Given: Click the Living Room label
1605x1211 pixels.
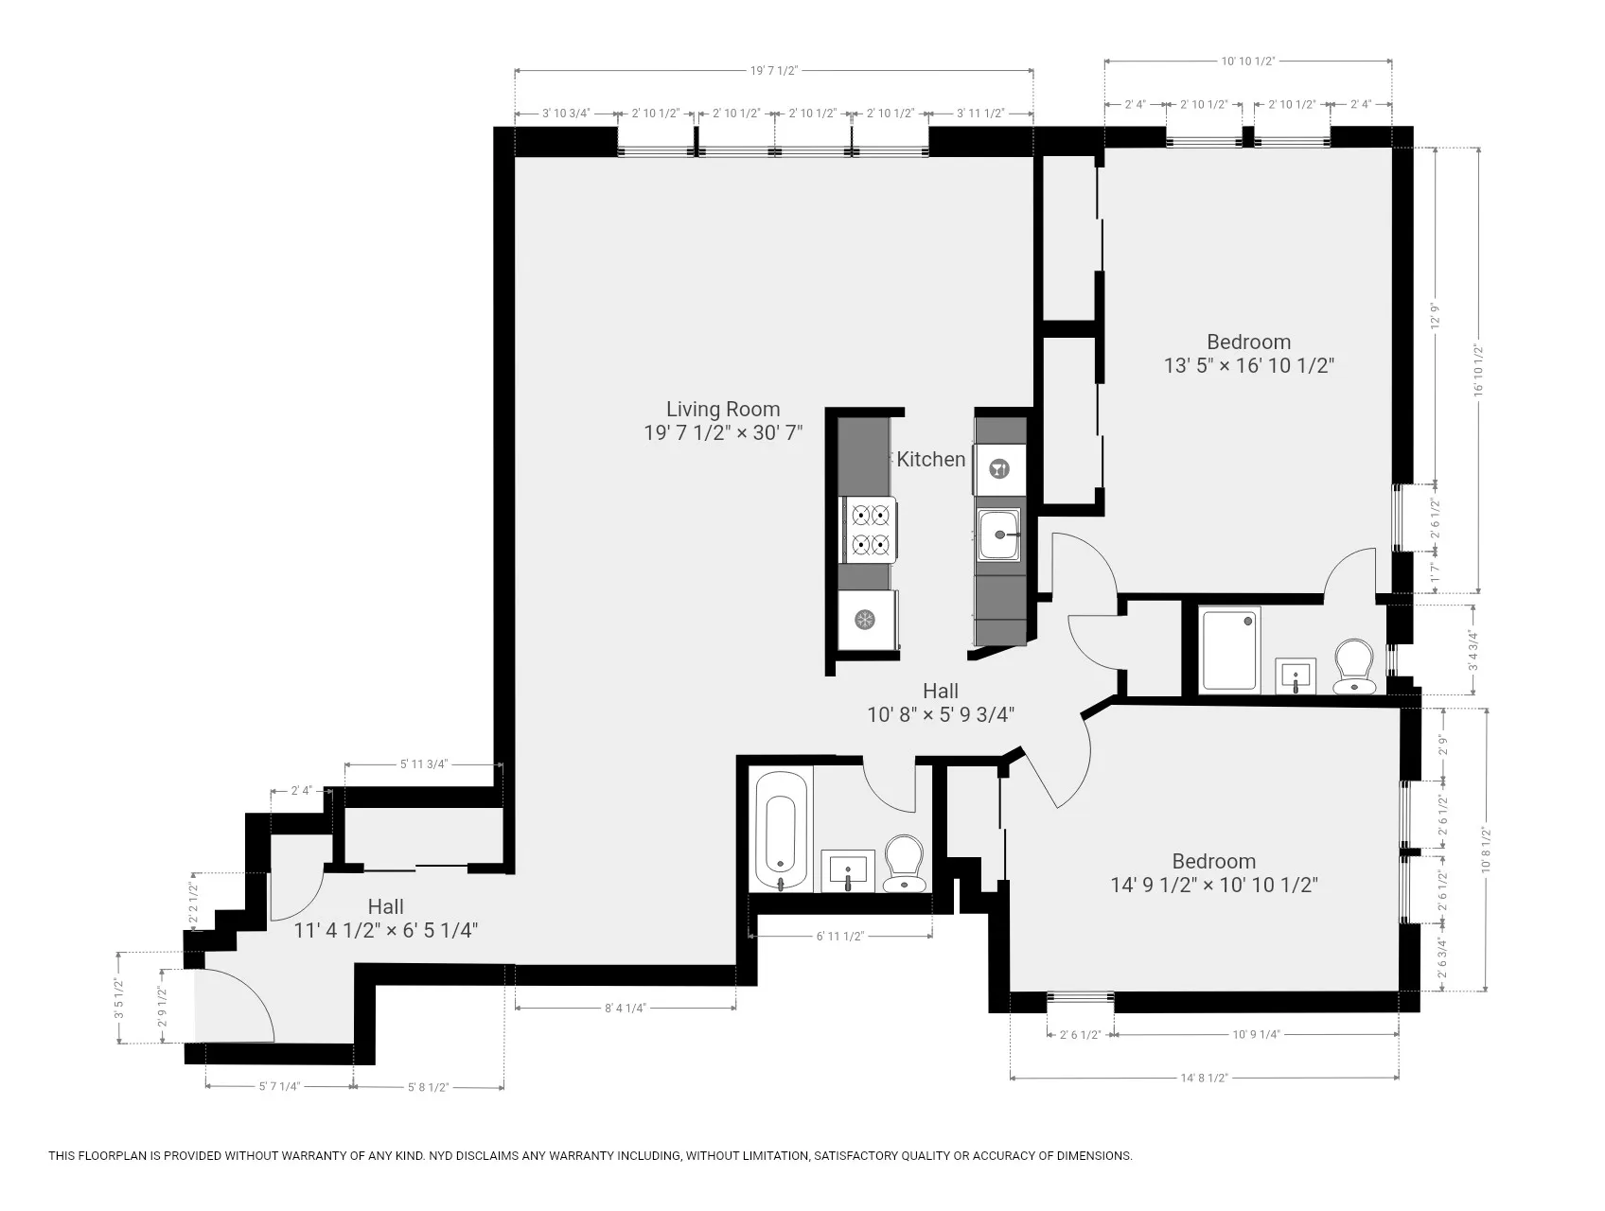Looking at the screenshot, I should click(723, 410).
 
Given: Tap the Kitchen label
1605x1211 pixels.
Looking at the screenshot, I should click(931, 459).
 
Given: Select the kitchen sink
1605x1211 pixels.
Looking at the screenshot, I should click(999, 535).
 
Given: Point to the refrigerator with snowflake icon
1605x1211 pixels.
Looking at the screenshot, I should click(865, 621).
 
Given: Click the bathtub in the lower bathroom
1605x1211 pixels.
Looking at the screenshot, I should click(781, 832).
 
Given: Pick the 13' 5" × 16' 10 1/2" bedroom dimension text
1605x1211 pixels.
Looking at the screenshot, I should click(1248, 366).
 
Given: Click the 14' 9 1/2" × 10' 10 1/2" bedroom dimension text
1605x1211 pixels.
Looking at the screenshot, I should click(1214, 886).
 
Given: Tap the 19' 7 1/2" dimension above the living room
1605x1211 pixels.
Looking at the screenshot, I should click(774, 70).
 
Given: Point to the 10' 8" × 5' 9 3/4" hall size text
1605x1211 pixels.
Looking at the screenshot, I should click(941, 715).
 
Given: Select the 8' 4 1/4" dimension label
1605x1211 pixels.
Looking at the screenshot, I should click(625, 1009).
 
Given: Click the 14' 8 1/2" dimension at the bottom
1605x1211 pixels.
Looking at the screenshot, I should click(1204, 1078).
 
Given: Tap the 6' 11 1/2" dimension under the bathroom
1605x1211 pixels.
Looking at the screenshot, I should click(840, 937).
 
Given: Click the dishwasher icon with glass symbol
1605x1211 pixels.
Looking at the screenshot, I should click(999, 468).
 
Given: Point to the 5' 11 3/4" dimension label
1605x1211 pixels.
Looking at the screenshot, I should click(424, 764).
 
